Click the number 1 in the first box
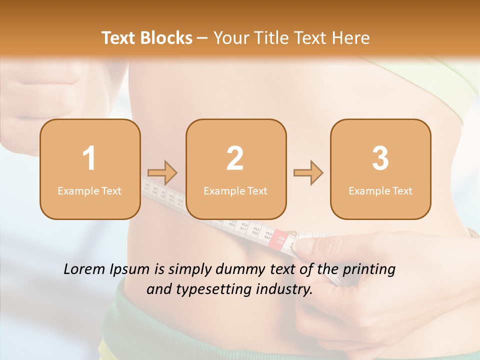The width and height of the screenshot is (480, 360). click(89, 158)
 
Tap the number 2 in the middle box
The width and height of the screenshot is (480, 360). click(235, 158)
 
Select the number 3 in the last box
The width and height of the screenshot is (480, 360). click(380, 158)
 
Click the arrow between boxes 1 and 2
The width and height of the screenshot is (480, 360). click(162, 173)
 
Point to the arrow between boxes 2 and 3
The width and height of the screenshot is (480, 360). click(308, 173)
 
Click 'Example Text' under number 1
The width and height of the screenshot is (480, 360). click(89, 190)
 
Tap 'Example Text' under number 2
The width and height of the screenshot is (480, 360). click(235, 190)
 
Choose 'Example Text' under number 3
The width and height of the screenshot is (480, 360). click(380, 190)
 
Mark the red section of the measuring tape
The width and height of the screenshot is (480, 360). click(278, 239)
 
